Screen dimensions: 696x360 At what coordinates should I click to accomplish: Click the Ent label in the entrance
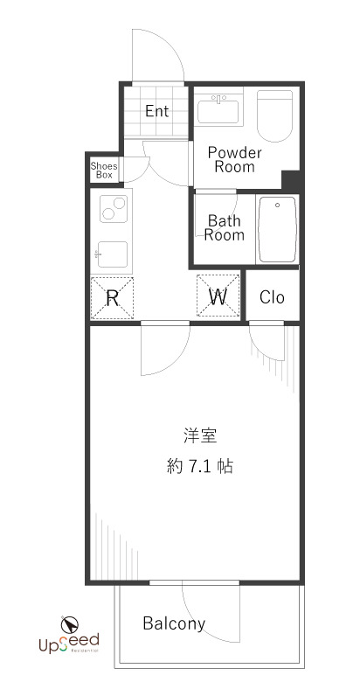pos(157,111)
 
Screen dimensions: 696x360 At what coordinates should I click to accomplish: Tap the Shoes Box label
pos(104,170)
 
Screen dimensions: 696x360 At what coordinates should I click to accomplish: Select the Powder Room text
pos(234,159)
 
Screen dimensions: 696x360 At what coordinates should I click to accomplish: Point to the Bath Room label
pos(225,227)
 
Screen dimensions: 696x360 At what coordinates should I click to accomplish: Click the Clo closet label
pos(272,297)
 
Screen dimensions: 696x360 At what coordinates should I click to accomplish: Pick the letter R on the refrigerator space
pos(113,297)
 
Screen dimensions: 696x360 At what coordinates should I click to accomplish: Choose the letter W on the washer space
pos(218,296)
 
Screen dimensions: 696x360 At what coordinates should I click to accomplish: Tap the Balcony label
pos(174,623)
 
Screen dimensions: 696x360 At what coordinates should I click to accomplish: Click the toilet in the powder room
pos(275,116)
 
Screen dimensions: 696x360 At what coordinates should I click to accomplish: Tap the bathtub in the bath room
pos(279,229)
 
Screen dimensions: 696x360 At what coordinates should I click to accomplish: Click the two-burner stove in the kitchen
pos(113,210)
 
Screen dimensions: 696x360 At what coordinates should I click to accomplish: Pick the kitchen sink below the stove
pos(113,254)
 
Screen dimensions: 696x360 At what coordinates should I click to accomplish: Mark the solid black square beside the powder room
pos(290,180)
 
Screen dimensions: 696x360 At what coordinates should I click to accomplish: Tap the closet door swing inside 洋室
pos(268,345)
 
